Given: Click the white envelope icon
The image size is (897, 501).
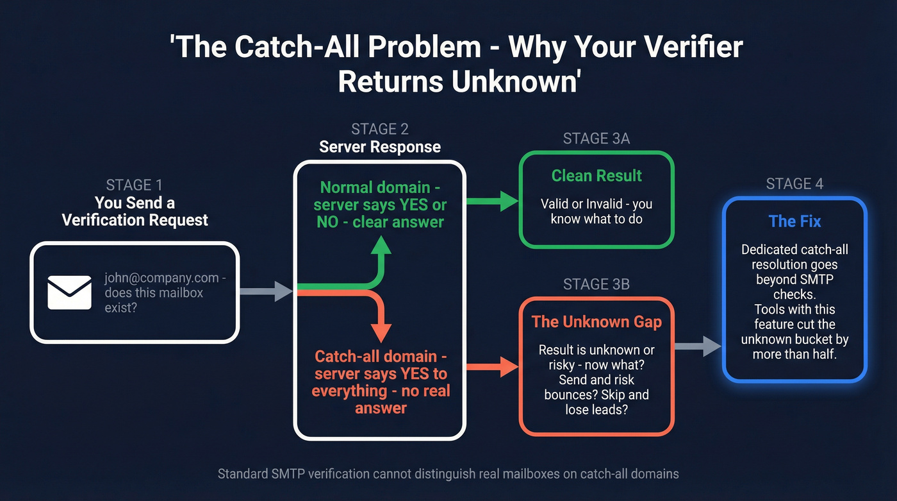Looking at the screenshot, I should (70, 292).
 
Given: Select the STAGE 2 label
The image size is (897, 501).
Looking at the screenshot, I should (380, 130).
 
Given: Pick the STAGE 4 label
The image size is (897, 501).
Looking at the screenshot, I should (794, 185).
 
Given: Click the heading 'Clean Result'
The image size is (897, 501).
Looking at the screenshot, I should (597, 176).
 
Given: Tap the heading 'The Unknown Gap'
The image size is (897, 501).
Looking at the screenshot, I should (597, 321).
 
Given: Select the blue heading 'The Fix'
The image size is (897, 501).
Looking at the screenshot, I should (794, 221).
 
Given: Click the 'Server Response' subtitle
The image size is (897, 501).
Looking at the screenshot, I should (380, 147).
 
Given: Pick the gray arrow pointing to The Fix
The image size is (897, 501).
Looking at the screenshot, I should (698, 346).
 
